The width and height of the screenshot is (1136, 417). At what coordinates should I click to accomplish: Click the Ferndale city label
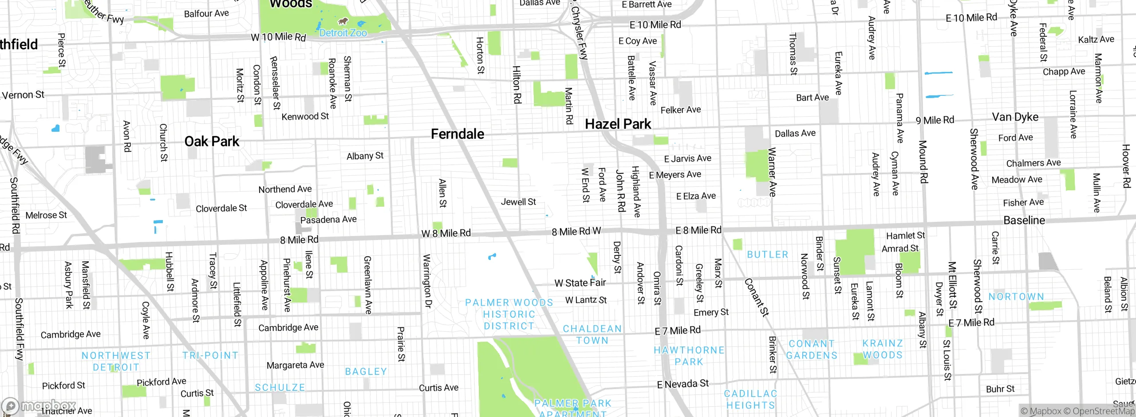[x=458, y=134]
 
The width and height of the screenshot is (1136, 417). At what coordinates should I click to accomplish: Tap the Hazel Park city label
[x=618, y=124]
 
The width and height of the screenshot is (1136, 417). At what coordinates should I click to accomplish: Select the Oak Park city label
[x=212, y=142]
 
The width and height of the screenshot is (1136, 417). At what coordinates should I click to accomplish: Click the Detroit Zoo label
[x=343, y=33]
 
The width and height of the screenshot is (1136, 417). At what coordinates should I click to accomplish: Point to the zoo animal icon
[x=343, y=21]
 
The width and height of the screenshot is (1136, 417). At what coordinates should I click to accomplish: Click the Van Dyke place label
[x=1015, y=117]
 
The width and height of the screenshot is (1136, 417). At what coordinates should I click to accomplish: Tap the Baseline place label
[x=1024, y=220]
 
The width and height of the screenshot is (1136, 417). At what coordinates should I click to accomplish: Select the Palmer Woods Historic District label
[x=509, y=314]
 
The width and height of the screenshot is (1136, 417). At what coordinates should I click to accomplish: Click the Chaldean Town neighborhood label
[x=592, y=334]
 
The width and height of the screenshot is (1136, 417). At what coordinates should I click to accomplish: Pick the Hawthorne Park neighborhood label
[x=689, y=356]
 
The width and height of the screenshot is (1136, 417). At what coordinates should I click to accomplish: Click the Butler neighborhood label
[x=767, y=255]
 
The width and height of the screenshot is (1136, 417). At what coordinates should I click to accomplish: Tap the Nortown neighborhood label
[x=1016, y=296]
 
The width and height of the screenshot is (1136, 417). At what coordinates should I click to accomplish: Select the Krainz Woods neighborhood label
[x=882, y=349]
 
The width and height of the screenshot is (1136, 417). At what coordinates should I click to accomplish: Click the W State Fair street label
[x=580, y=283]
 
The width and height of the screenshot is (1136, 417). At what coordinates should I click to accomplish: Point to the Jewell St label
[x=518, y=202]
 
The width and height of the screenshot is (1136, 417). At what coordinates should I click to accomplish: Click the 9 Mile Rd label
[x=935, y=120]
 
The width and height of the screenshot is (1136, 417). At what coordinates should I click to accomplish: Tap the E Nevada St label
[x=682, y=384]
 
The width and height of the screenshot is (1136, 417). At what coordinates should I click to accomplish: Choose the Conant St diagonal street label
[x=756, y=297]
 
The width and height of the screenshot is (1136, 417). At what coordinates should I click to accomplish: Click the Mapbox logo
[x=39, y=405]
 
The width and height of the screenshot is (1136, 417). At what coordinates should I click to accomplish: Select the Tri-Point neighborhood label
[x=210, y=355]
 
